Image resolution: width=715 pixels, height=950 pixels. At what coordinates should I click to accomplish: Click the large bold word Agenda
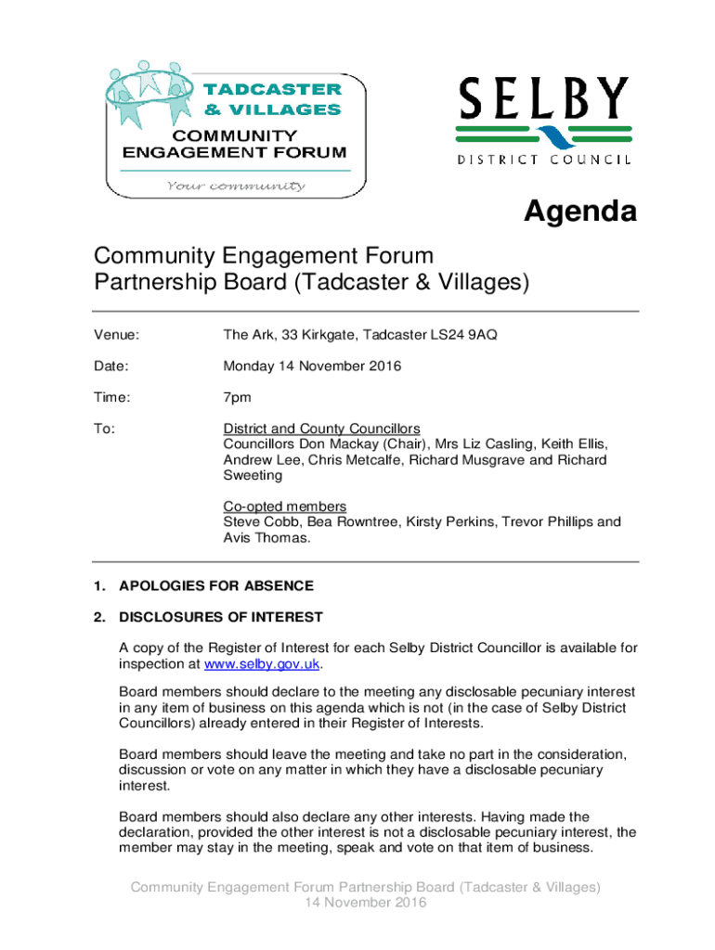[580, 212]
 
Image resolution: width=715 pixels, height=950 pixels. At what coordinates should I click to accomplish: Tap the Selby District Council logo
[544, 121]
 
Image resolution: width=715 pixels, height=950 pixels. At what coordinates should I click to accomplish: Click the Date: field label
[111, 366]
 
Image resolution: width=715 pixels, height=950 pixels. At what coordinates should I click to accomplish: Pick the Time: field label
[112, 398]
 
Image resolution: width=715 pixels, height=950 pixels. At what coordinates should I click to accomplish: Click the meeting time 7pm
[237, 398]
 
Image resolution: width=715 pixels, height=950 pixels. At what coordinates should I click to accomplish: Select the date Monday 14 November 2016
[312, 366]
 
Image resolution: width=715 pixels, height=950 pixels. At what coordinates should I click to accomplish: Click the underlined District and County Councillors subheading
[321, 429]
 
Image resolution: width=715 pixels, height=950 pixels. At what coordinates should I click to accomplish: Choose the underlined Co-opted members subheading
[284, 507]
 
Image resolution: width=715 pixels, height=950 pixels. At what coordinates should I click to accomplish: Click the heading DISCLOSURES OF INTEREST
[221, 617]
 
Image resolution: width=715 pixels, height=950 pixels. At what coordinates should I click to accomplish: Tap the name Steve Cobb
[256, 521]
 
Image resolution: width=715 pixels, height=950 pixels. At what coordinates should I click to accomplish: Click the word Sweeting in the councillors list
[253, 475]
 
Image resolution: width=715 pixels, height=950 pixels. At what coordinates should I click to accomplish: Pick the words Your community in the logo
[236, 186]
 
